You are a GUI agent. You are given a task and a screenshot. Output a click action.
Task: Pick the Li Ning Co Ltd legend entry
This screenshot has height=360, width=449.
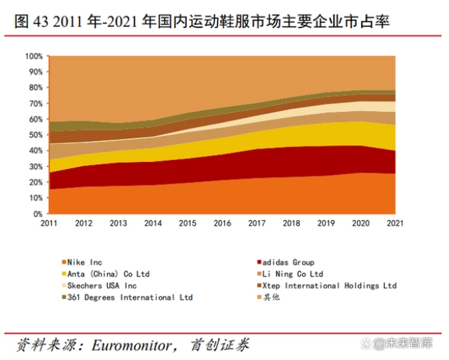[x=293, y=274]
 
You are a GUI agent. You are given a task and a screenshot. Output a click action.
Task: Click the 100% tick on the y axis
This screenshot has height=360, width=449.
[x=33, y=56]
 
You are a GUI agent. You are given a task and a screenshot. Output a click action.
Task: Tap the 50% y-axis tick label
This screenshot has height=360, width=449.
[x=35, y=135]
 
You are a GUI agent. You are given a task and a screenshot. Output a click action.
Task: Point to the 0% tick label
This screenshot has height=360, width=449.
[x=37, y=214]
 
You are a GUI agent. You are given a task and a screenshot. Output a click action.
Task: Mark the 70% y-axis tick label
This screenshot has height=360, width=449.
[x=35, y=104]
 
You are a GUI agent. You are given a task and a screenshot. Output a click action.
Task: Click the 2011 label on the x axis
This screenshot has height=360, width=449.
[x=49, y=222]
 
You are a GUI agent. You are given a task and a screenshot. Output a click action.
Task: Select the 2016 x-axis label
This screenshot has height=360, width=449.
[x=222, y=222]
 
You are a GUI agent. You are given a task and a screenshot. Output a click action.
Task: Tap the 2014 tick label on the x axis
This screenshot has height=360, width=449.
[x=152, y=222]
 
